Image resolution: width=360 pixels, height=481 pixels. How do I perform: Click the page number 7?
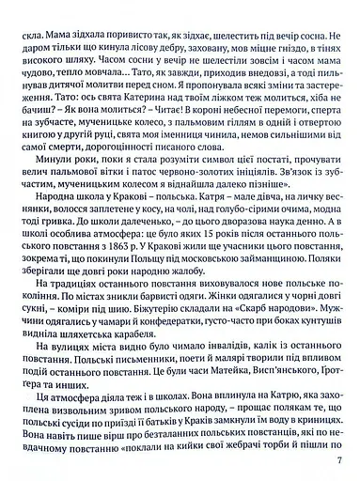point(349,459)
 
